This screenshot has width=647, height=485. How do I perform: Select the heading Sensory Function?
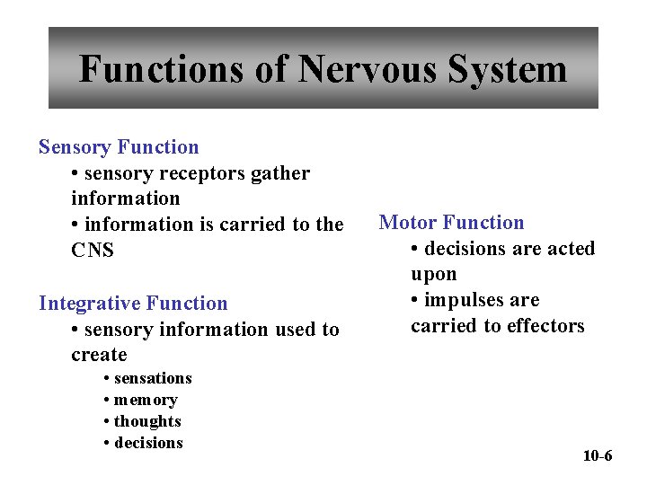pos(119,147)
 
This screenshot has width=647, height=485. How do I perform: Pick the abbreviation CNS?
pos(93,251)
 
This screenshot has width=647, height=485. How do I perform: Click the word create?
pos(99,355)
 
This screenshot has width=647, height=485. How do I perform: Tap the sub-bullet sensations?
pos(153,378)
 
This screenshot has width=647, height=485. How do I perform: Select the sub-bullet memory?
pos(146,400)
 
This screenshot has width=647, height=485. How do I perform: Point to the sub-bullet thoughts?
pos(147,421)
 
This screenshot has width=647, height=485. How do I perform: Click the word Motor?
pos(407,223)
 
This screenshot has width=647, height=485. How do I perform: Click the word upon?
pos(434,274)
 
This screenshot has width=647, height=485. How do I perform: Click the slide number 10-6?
pos(598,456)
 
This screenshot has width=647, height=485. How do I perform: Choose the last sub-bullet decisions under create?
pos(148,443)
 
